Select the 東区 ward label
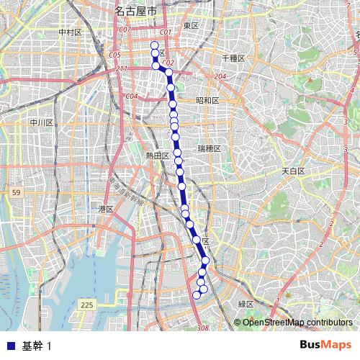pyautogui.click(x=191, y=26)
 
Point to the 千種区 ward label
pyautogui.click(x=234, y=58)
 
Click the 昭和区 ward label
pyautogui.click(x=207, y=101)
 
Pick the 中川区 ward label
pyautogui.click(x=42, y=122)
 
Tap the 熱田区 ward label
pyautogui.click(x=156, y=155)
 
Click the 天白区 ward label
pyautogui.click(x=293, y=171)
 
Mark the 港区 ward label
pyautogui.click(x=107, y=209)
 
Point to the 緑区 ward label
pyautogui.click(x=246, y=305)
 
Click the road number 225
pyautogui.click(x=87, y=305)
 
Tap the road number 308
pyautogui.click(x=202, y=328)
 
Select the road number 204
pyautogui.click(x=220, y=76)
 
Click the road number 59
pyautogui.click(x=15, y=192)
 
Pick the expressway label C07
pyautogui.click(x=125, y=30)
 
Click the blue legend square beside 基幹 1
pyautogui.click(x=10, y=345)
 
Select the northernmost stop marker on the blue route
pyautogui.click(x=154, y=45)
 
